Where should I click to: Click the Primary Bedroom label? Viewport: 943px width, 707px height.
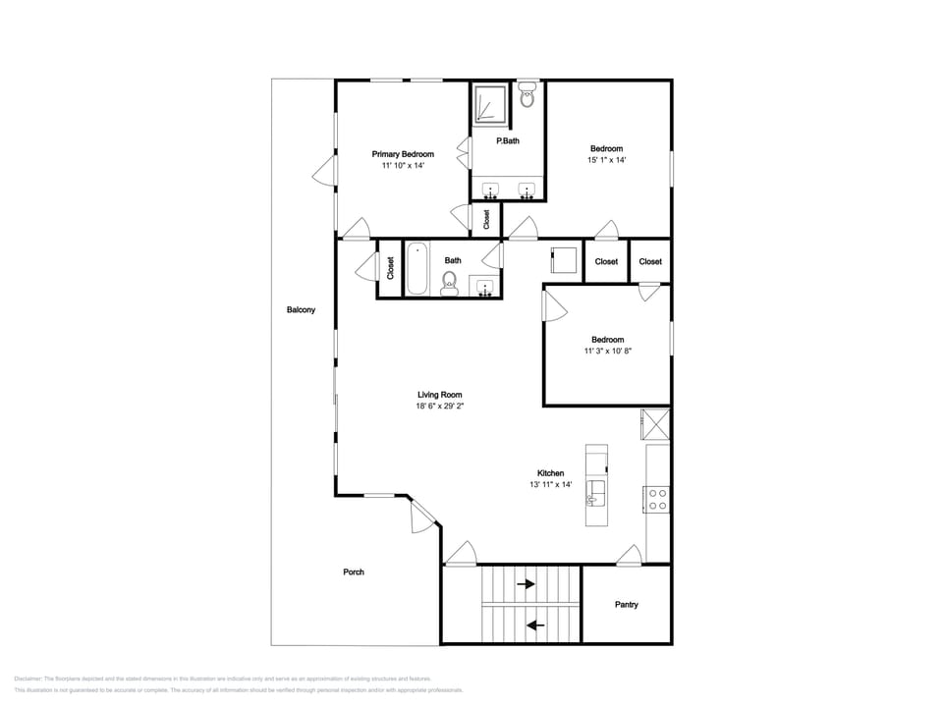pyautogui.click(x=403, y=154)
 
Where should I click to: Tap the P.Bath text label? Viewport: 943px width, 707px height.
pyautogui.click(x=508, y=141)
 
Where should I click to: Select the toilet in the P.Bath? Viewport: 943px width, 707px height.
pyautogui.click(x=527, y=96)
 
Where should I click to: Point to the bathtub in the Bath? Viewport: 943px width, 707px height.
pyautogui.click(x=417, y=268)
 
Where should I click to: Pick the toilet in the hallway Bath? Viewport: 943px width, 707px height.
pyautogui.click(x=450, y=283)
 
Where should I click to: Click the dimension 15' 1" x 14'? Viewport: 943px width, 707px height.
pyautogui.click(x=606, y=160)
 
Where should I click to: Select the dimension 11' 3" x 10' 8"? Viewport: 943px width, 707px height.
pyautogui.click(x=607, y=351)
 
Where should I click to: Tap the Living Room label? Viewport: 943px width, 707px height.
pyautogui.click(x=439, y=395)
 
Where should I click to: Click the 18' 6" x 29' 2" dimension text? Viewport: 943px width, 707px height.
pyautogui.click(x=439, y=406)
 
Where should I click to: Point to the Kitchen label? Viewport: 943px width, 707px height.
pyautogui.click(x=550, y=472)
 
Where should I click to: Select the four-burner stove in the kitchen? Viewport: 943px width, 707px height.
pyautogui.click(x=657, y=499)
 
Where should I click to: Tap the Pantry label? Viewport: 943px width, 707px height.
pyautogui.click(x=626, y=605)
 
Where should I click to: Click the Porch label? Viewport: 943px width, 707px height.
pyautogui.click(x=354, y=572)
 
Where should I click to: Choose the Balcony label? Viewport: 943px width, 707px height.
pyautogui.click(x=301, y=310)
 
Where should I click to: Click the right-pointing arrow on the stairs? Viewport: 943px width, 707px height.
pyautogui.click(x=526, y=584)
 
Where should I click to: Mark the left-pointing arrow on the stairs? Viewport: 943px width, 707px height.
pyautogui.click(x=536, y=624)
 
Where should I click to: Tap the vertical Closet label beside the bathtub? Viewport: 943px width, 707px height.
pyautogui.click(x=390, y=269)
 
